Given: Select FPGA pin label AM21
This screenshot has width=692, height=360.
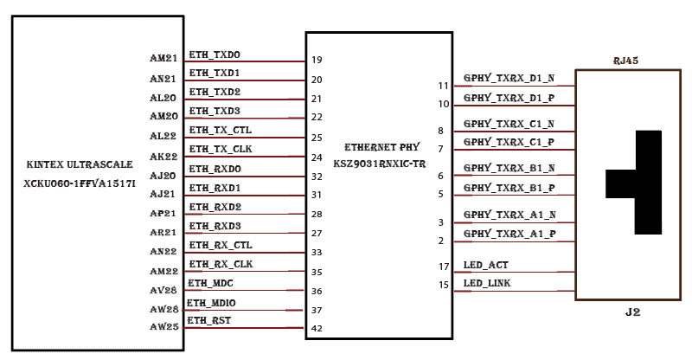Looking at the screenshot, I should pos(163,59).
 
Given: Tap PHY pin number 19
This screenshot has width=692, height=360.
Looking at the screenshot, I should pos(317,60).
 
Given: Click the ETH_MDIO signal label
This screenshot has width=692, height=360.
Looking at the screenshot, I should pos(212,303).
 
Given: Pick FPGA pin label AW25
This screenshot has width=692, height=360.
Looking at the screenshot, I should pos(163,328).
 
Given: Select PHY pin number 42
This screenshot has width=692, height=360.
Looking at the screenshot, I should pos(317,329).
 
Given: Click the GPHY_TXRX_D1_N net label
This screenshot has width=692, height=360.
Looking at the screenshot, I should pos(509,78).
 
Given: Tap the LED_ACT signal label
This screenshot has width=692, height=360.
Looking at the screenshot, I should pos(485,265).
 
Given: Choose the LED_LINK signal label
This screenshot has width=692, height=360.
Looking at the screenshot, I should pos(488,284).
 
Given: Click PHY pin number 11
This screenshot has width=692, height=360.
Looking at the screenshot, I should pos(444,86).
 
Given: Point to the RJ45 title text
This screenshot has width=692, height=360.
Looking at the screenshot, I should pos(625,61).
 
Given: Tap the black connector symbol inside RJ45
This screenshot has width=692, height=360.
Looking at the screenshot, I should pos(644,182).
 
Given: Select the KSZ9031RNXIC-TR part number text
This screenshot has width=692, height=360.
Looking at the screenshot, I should pos(379,163).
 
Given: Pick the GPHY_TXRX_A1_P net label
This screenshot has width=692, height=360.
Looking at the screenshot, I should pos(509,234).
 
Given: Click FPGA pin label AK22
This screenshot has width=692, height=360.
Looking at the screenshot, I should pos(163,157).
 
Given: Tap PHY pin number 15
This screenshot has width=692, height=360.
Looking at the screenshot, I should pos(444,285).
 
